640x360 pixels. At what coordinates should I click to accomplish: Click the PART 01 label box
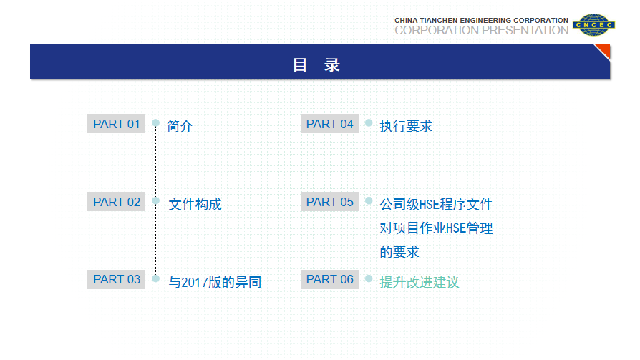(x=116, y=124)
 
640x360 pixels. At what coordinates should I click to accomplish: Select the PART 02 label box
(x=116, y=202)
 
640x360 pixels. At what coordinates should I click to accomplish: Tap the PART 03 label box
(x=116, y=280)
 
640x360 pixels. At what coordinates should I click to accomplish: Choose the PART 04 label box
(x=330, y=124)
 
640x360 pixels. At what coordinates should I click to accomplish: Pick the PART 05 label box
(x=330, y=202)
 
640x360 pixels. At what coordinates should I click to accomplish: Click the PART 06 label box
(x=330, y=280)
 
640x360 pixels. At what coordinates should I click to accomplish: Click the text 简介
(x=180, y=126)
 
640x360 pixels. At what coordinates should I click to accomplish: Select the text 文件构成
(x=195, y=204)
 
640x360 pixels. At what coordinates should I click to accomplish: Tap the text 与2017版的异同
(x=215, y=282)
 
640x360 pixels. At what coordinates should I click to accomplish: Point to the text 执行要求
(x=406, y=126)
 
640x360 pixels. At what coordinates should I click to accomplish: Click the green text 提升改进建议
(x=420, y=282)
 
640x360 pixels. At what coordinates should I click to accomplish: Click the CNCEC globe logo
(x=594, y=25)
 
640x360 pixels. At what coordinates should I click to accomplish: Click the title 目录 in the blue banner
(x=316, y=65)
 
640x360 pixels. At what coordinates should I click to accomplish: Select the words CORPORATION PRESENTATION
(x=482, y=30)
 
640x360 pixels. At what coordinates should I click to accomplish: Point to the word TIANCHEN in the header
(x=438, y=21)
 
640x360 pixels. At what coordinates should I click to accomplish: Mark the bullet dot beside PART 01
(x=155, y=122)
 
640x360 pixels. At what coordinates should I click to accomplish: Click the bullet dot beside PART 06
(x=369, y=278)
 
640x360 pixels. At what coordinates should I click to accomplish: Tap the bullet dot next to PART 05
(x=369, y=200)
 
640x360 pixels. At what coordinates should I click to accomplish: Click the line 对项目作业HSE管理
(x=436, y=228)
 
